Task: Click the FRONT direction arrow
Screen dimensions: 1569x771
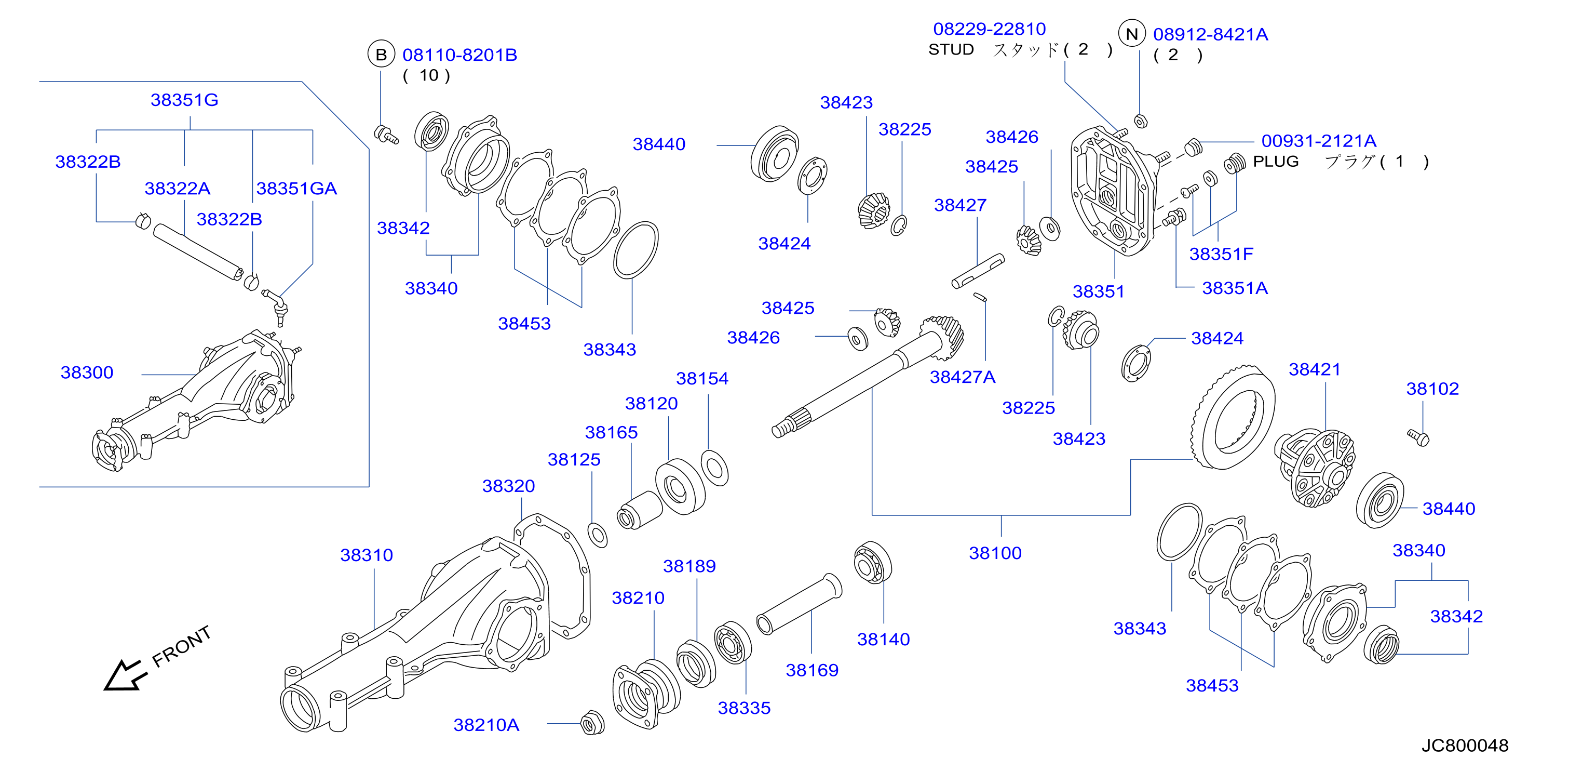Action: coord(125,675)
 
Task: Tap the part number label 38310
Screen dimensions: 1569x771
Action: coord(367,555)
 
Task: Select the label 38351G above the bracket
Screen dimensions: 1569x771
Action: coord(184,100)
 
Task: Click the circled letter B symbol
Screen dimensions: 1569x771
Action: coord(381,55)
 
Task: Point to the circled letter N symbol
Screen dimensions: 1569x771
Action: coord(1132,34)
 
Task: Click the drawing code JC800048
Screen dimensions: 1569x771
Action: coord(1465,746)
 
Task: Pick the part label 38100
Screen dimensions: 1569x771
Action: coord(995,553)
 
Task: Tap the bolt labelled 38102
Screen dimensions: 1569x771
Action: coord(1418,437)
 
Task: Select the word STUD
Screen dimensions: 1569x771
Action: coord(951,49)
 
